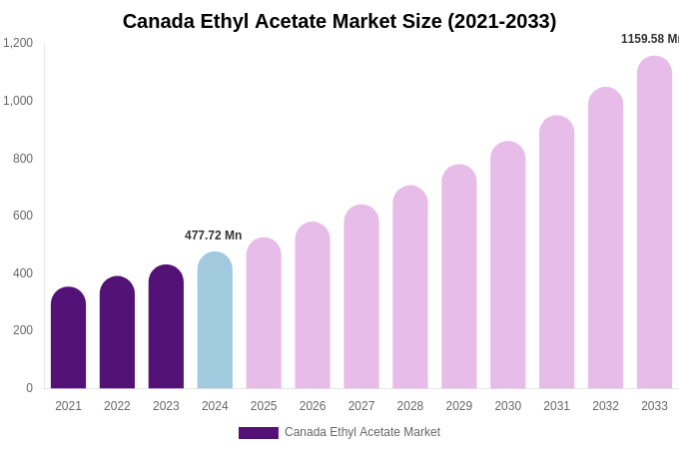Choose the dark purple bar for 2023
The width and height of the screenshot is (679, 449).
[x=166, y=326]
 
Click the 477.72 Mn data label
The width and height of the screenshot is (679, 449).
[x=213, y=235]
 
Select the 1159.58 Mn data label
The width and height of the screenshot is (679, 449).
[x=650, y=39]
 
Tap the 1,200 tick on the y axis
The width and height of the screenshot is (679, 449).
[x=18, y=43]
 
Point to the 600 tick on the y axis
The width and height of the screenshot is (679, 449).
[x=22, y=216]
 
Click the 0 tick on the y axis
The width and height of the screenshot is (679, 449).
[x=29, y=388]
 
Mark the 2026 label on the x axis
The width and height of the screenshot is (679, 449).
[x=313, y=406]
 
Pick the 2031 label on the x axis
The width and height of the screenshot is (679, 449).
[x=556, y=406]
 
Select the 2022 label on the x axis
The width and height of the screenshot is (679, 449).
[x=117, y=406]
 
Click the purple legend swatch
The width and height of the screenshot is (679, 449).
[x=258, y=433]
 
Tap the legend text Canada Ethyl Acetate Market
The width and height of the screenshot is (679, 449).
[x=362, y=432]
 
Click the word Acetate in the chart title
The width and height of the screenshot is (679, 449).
[x=337, y=21]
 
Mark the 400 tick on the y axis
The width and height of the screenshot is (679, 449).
[x=22, y=273]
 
